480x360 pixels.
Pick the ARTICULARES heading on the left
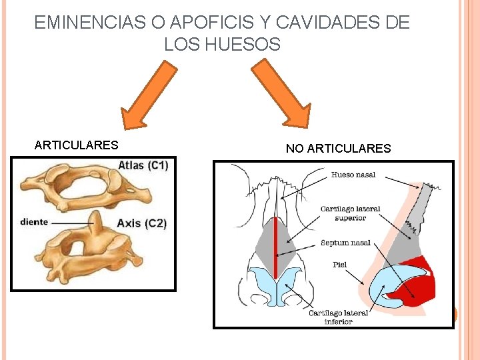click(x=76, y=145)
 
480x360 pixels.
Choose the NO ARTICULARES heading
click(x=338, y=149)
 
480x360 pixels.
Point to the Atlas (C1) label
click(x=143, y=165)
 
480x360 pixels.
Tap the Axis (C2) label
click(x=141, y=223)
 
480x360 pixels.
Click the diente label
click(x=34, y=222)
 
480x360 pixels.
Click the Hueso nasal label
click(x=353, y=175)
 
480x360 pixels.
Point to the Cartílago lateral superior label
click(x=350, y=213)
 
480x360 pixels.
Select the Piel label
click(x=340, y=265)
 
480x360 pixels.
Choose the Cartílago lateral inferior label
click(x=338, y=317)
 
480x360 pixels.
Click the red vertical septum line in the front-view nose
click(x=275, y=247)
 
